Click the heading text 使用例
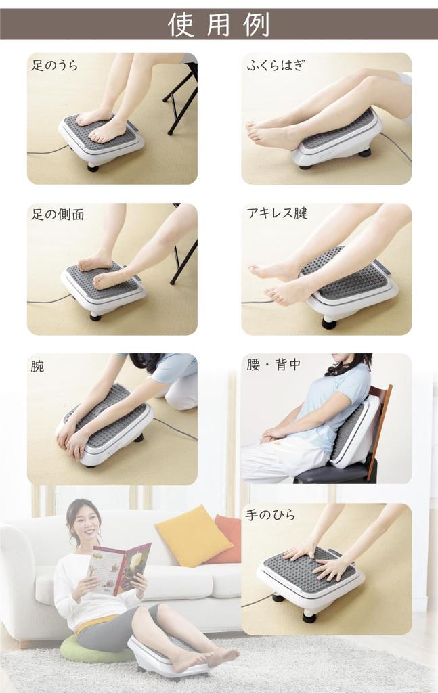pyautogui.click(x=219, y=24)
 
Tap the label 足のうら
pyautogui.click(x=55, y=66)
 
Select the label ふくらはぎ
pyautogui.click(x=275, y=66)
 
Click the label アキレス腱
pyautogui.click(x=278, y=214)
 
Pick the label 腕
pyautogui.click(x=38, y=366)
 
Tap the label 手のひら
pyautogui.click(x=271, y=516)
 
